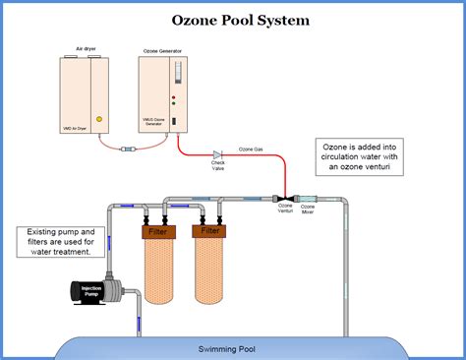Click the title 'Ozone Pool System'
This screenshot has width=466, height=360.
tap(233, 20)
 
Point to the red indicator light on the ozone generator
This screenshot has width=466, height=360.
tap(174, 98)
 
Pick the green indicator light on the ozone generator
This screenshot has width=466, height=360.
tap(174, 106)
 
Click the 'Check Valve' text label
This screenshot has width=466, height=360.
tap(218, 167)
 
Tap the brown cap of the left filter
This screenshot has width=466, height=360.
tap(158, 232)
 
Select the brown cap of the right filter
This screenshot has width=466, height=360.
tap(210, 232)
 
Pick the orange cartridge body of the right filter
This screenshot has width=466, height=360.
tap(210, 271)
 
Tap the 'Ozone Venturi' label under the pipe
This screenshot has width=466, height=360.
tap(285, 210)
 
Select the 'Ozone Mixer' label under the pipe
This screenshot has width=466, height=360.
tap(308, 210)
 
